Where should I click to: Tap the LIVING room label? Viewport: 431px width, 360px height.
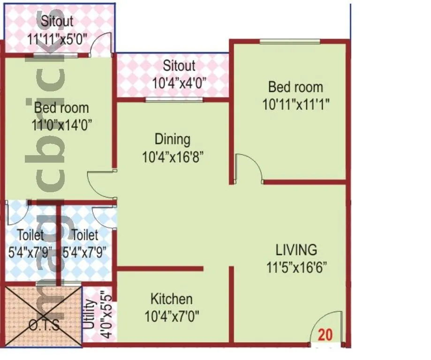click(x=296, y=249)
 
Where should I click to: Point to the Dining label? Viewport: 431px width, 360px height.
click(x=173, y=139)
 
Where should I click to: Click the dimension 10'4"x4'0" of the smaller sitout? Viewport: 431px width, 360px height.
click(x=179, y=83)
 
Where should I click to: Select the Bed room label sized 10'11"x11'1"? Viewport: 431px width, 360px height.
click(x=295, y=87)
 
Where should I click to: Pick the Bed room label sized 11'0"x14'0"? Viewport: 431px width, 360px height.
click(x=61, y=108)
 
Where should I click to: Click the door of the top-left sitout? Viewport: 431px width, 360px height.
click(x=101, y=45)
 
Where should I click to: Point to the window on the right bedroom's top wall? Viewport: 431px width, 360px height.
click(x=290, y=42)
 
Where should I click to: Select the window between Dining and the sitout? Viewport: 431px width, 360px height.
click(x=174, y=99)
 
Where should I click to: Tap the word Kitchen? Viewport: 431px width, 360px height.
click(x=171, y=299)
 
